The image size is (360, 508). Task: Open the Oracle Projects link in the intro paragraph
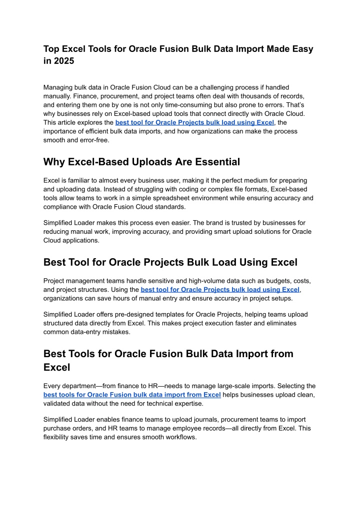coord(194,123)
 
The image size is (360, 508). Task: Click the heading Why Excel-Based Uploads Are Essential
coord(141,162)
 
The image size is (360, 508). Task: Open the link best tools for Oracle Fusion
coord(132,395)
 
